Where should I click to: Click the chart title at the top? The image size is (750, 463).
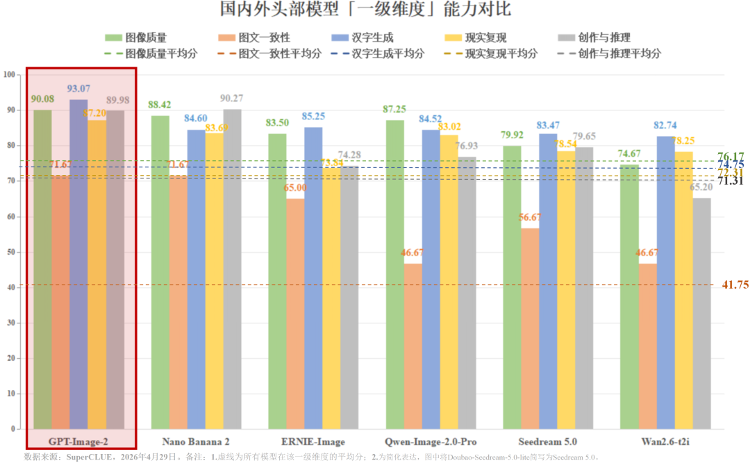pos(375,10)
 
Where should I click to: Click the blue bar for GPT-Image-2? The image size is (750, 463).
pos(78,264)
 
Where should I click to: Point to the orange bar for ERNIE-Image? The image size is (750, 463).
pos(295,313)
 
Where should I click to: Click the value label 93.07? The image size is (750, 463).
pos(78,89)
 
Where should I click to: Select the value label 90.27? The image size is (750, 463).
pos(232,99)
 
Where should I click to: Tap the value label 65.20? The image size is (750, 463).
pos(702,187)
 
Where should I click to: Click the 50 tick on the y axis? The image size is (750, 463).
pos(10,252)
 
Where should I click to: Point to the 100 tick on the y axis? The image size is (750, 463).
pos(9,74)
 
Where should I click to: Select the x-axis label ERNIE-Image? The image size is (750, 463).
pos(313,441)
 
